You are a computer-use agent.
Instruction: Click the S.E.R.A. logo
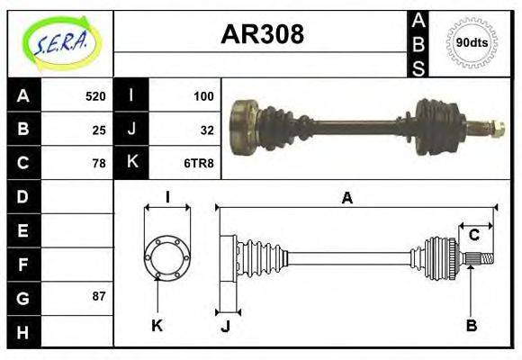pyautogui.click(x=60, y=42)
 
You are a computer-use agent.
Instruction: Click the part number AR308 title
pyautogui.click(x=262, y=34)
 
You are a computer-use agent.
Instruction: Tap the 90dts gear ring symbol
pyautogui.click(x=471, y=42)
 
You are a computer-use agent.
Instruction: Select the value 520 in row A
pyautogui.click(x=95, y=96)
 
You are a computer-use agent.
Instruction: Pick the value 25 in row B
pyautogui.click(x=99, y=130)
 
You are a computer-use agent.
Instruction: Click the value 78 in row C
pyautogui.click(x=99, y=163)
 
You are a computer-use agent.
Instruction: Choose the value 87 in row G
pyautogui.click(x=99, y=296)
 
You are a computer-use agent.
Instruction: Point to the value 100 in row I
pyautogui.click(x=203, y=96)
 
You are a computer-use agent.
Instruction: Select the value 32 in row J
pyautogui.click(x=207, y=130)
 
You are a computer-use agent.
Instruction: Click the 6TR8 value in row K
pyautogui.click(x=199, y=163)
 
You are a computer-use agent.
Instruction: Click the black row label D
pyautogui.click(x=22, y=196)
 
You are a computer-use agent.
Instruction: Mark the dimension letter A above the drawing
pyautogui.click(x=346, y=199)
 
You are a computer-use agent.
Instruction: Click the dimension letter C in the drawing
pyautogui.click(x=473, y=236)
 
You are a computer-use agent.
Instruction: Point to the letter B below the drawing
pyautogui.click(x=471, y=326)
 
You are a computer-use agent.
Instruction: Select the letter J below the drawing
pyautogui.click(x=225, y=326)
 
